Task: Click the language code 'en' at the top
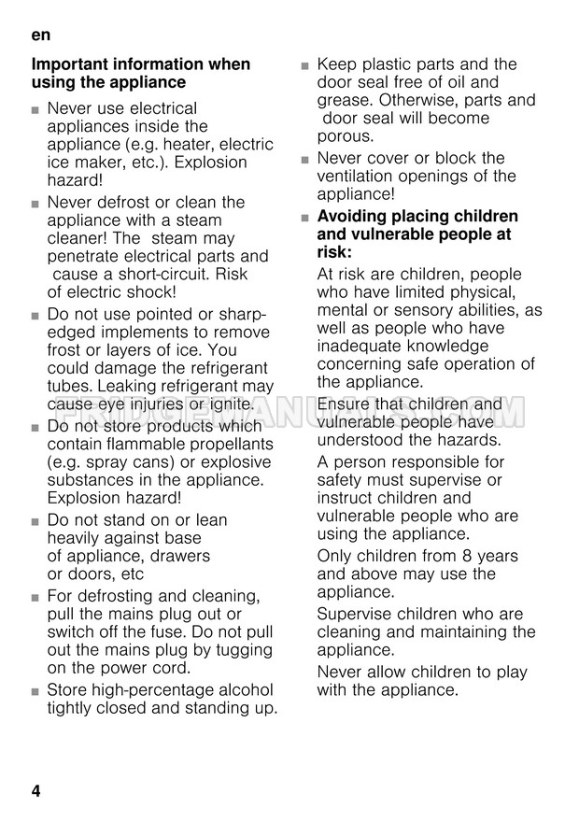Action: pos(40,35)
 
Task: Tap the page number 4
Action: pos(35,791)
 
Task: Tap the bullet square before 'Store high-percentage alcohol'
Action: pos(35,692)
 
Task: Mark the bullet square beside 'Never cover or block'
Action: pos(304,160)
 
